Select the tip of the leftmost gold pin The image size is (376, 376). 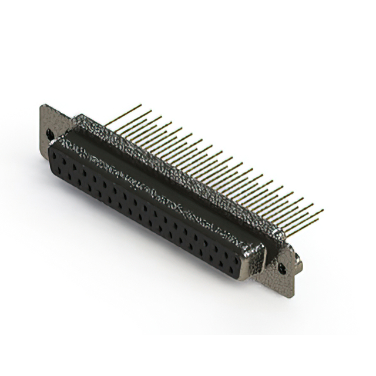coord(141,106)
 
